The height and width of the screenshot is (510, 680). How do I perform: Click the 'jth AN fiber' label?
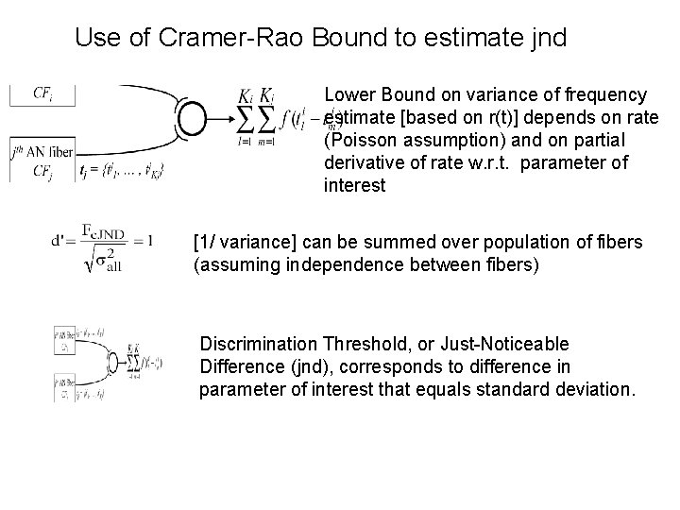click(x=42, y=151)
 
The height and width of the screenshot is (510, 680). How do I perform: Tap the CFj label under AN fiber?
click(x=42, y=171)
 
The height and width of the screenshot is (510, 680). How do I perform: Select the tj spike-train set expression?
click(x=124, y=171)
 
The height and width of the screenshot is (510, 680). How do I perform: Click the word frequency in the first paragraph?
click(x=603, y=94)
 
